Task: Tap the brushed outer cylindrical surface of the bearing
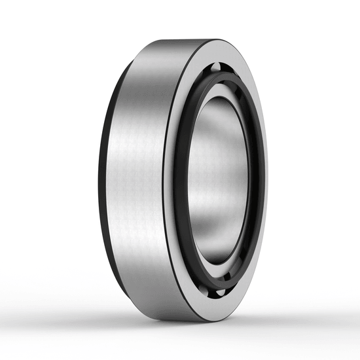click(x=134, y=177)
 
